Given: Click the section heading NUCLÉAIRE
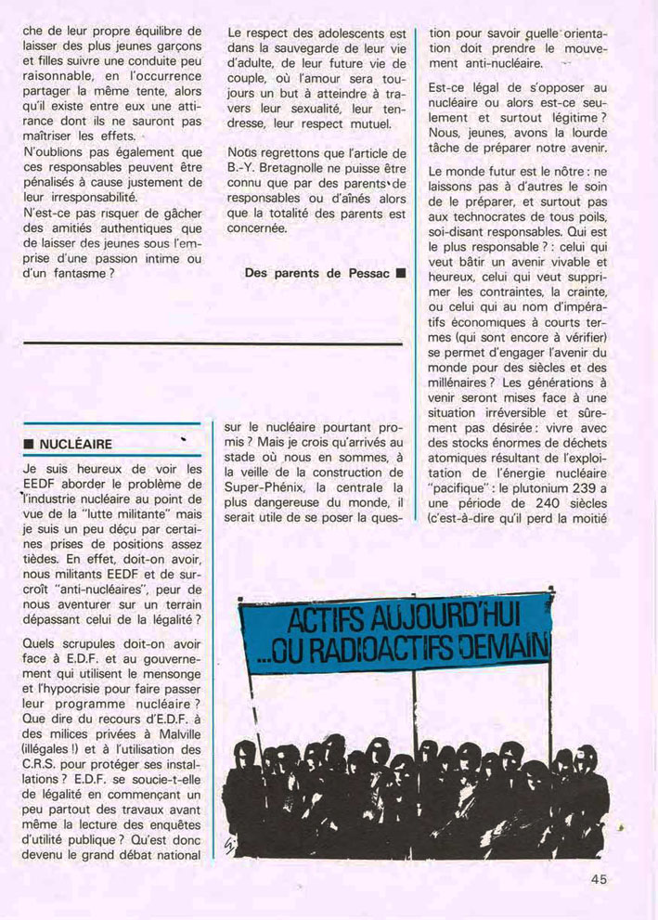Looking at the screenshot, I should tap(75, 444).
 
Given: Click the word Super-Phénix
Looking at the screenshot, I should tap(265, 487).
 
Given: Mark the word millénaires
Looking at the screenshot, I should tap(457, 382).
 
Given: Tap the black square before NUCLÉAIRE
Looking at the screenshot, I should tap(29, 445).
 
